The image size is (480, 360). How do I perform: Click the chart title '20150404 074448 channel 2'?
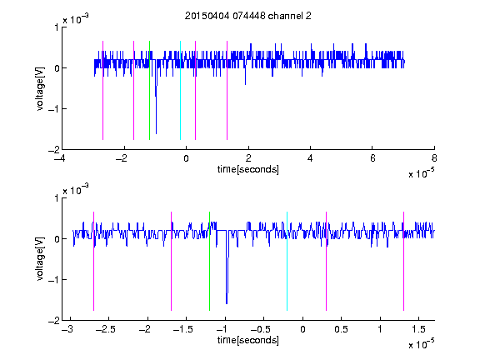[x=248, y=16]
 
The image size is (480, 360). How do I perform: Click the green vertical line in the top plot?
[x=149, y=90]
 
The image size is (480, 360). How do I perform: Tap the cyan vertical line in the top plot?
[x=180, y=90]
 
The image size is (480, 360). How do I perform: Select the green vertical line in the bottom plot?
[x=209, y=261]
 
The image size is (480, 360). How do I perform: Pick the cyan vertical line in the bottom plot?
[x=287, y=261]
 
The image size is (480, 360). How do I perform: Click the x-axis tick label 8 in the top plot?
[x=434, y=158]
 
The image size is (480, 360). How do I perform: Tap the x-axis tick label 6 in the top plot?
[x=372, y=158]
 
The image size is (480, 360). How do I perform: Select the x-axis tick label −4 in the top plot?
[x=60, y=158]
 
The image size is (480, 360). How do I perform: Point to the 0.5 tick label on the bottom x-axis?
[x=341, y=329]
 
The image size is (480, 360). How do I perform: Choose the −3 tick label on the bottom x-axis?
[x=67, y=329]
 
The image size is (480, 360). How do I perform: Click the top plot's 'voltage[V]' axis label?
[x=40, y=88]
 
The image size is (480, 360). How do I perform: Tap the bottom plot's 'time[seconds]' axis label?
[x=248, y=340]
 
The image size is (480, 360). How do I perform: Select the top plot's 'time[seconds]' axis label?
[x=248, y=169]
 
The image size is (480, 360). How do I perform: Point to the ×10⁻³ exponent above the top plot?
[x=76, y=19]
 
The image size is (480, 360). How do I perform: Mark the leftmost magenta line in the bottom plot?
[x=93, y=261]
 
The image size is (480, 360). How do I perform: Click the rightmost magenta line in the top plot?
[x=227, y=90]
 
